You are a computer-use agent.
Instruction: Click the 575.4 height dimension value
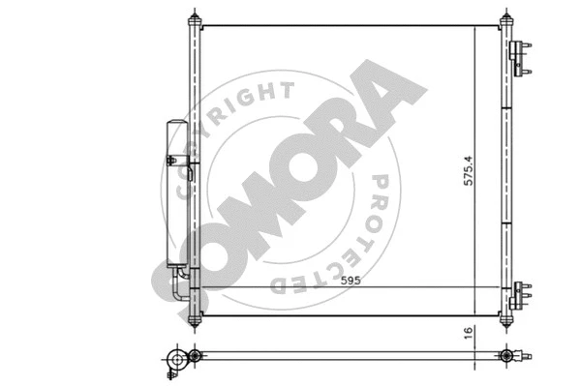tap(469, 170)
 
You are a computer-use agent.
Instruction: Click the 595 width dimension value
tap(351, 281)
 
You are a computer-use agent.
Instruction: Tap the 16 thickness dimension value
tap(469, 333)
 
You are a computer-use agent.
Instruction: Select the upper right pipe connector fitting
tap(520, 58)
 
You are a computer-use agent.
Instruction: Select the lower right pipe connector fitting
tap(520, 295)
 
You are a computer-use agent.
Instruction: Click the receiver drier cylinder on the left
tap(177, 193)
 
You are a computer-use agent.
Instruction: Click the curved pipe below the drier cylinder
tap(180, 284)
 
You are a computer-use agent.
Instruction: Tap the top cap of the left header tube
tap(195, 18)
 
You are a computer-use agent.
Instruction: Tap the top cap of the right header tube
tap(505, 18)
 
